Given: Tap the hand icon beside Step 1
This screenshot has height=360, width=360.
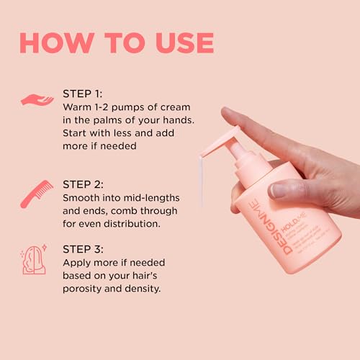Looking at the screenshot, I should click(37, 101).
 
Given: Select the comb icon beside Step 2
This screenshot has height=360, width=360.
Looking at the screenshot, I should click(37, 194).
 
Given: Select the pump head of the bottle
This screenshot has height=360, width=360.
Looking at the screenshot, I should click(227, 144).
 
